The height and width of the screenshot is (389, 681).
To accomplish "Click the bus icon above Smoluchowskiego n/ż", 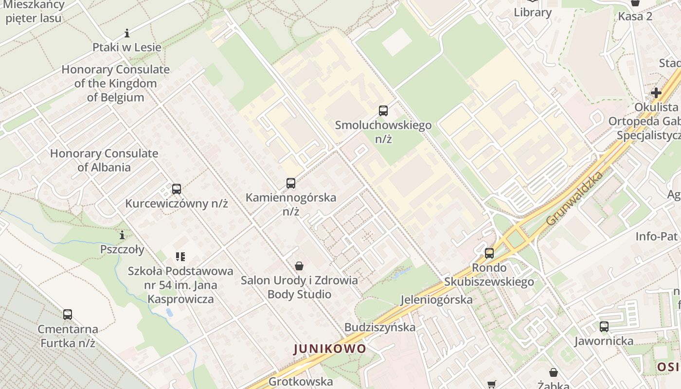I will click(x=383, y=110).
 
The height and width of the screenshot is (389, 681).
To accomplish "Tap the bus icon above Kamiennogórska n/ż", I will click(x=291, y=183).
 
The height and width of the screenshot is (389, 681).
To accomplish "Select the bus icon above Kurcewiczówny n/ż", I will click(x=177, y=189).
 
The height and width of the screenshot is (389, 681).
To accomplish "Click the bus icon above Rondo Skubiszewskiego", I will click(x=489, y=253).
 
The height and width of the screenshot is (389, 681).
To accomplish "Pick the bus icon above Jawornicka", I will click(x=604, y=327).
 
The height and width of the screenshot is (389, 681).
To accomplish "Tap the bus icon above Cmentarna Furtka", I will click(x=68, y=315).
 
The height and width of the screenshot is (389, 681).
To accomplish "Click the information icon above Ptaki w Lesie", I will click(x=127, y=33).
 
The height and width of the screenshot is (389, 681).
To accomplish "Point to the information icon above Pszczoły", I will click(x=122, y=235).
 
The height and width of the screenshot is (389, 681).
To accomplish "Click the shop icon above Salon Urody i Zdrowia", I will click(x=299, y=266).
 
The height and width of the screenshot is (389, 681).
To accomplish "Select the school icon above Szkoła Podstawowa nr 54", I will click(x=180, y=256).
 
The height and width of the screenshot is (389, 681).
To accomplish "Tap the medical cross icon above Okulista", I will click(x=656, y=92).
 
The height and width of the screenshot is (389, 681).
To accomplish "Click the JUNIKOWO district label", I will click(x=330, y=349).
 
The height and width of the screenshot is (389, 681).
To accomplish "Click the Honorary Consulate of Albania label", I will click(x=104, y=160).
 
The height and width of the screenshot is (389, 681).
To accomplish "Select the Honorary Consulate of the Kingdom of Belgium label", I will click(x=116, y=83).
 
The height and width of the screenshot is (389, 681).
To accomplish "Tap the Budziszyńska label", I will click(x=380, y=327).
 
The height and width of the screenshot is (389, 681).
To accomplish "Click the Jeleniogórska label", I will click(x=436, y=300).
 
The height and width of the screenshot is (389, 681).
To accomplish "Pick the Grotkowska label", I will click(x=301, y=381).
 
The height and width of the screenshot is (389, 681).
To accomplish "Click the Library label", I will click(x=533, y=13).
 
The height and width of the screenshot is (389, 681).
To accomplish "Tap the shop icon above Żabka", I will click(x=554, y=373).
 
